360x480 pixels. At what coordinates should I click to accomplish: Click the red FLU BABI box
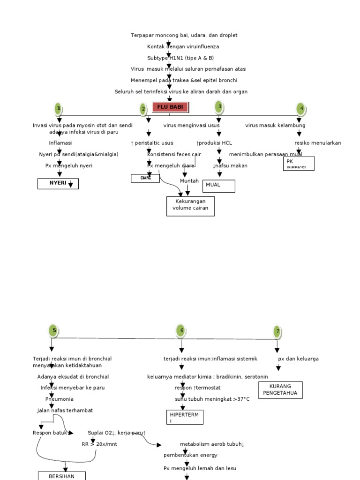170,107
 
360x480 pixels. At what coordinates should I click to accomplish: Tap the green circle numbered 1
58,109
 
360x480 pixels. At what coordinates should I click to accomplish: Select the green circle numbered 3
219,107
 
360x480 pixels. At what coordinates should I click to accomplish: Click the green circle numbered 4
301,109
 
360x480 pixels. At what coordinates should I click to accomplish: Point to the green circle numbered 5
54,330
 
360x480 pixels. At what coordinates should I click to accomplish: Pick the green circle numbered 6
181,330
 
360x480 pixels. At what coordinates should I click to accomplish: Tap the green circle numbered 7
277,331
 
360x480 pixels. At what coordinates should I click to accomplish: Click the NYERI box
58,184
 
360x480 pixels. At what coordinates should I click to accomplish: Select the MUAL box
218,186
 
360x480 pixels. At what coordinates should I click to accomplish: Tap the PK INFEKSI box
299,164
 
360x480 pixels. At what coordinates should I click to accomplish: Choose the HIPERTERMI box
185,417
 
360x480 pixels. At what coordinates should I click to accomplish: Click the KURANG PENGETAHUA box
280,389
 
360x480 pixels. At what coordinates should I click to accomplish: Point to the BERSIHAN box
61,475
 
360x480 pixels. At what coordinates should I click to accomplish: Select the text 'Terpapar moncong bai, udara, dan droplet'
184,35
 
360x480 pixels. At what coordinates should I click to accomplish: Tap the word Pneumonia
60,399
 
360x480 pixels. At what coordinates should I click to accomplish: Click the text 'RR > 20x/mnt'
99,444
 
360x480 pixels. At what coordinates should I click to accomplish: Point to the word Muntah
189,181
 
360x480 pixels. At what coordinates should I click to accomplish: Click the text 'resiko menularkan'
317,143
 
